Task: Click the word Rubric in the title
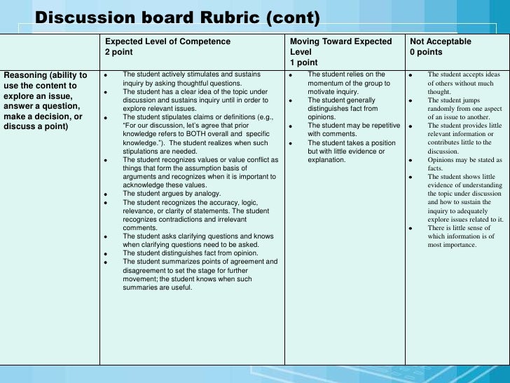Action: click(223, 17)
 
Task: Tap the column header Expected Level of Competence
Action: click(167, 41)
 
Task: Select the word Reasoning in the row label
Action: click(25, 75)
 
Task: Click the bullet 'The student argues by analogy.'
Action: click(169, 193)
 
